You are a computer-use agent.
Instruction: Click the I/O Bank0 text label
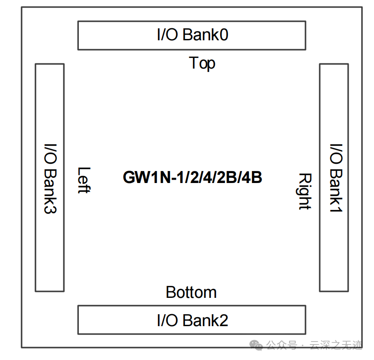click(192, 35)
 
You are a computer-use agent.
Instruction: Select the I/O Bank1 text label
click(336, 177)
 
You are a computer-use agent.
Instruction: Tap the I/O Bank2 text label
click(192, 320)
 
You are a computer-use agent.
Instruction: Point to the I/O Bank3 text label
click(50, 178)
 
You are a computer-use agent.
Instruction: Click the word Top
click(202, 63)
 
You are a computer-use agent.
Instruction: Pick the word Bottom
click(191, 292)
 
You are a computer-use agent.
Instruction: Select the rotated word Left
click(84, 180)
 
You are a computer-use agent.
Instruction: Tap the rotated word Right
click(304, 191)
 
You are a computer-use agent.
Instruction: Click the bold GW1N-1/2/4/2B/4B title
click(192, 177)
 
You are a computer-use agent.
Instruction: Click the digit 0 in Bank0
click(223, 35)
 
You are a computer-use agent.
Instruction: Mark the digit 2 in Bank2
click(223, 320)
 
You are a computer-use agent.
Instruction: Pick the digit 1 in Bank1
click(336, 207)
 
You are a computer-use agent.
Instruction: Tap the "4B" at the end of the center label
click(252, 177)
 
